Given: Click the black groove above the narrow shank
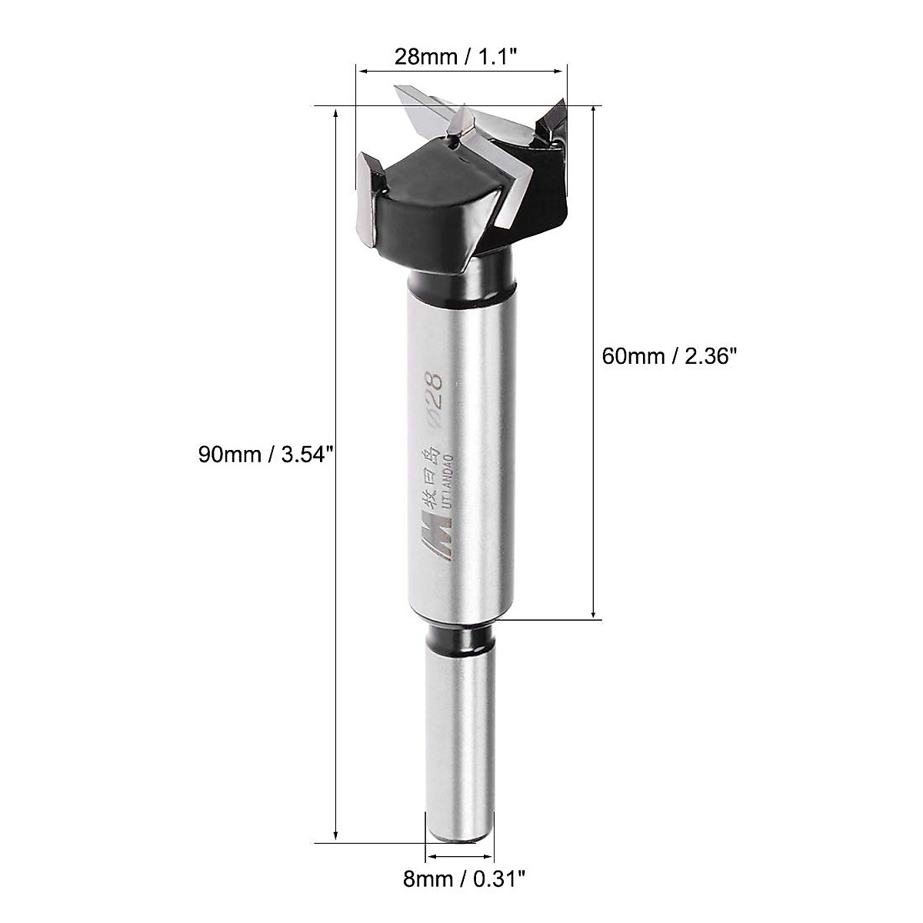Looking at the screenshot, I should pyautogui.click(x=458, y=639).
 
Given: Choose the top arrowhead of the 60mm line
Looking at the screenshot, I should pyautogui.click(x=594, y=112).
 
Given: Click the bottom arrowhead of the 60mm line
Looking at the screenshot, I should pyautogui.click(x=594, y=613).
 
